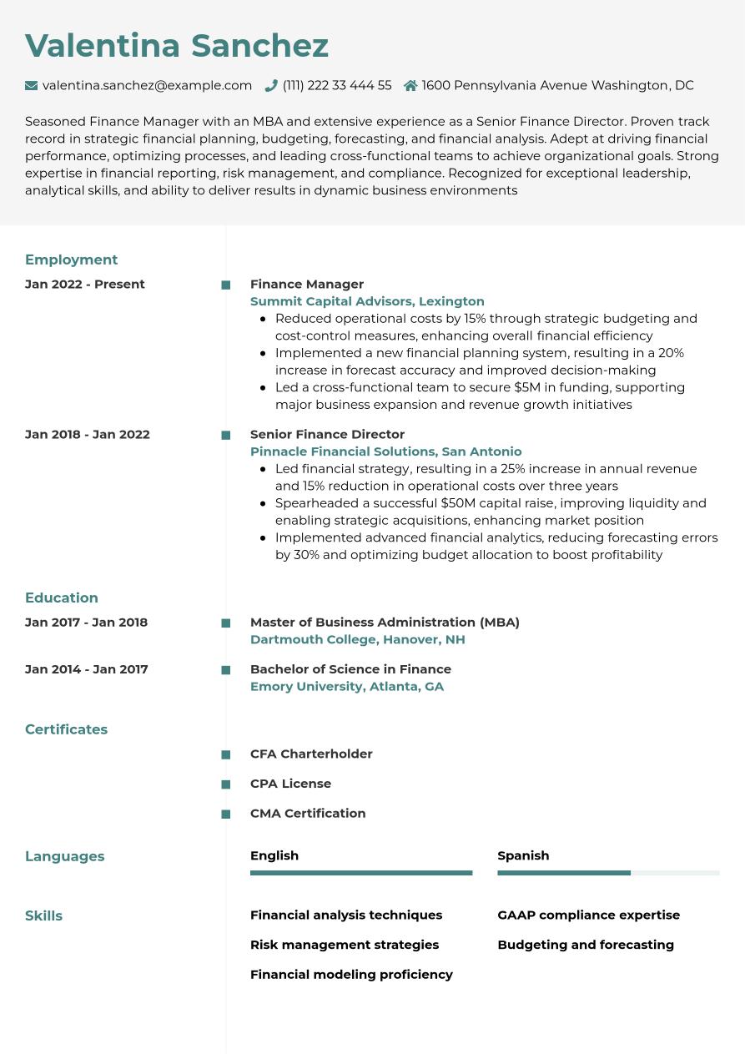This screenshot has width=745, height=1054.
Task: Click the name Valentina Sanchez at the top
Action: pyautogui.click(x=177, y=46)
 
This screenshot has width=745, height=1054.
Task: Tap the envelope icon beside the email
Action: pyautogui.click(x=32, y=85)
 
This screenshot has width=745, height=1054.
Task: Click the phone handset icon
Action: pyautogui.click(x=271, y=85)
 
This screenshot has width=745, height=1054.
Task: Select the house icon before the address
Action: pyautogui.click(x=410, y=85)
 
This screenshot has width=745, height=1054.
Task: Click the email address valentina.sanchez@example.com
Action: pyautogui.click(x=147, y=85)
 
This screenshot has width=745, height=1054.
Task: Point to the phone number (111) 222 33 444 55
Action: pyautogui.click(x=337, y=85)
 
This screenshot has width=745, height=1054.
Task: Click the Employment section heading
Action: pyautogui.click(x=71, y=260)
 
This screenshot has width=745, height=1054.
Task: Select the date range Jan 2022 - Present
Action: pyautogui.click(x=85, y=284)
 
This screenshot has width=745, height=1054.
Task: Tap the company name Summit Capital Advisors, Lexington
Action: pyautogui.click(x=367, y=301)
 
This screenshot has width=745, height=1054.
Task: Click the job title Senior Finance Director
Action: pyautogui.click(x=327, y=434)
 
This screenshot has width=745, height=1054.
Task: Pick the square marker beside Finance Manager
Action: pyautogui.click(x=225, y=285)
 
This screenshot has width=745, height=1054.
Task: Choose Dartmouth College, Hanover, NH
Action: pyautogui.click(x=357, y=639)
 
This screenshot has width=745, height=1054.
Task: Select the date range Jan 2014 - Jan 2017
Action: pyautogui.click(x=87, y=668)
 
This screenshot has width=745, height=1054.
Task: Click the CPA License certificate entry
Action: pyautogui.click(x=290, y=784)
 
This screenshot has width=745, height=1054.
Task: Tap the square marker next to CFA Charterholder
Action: pyautogui.click(x=225, y=754)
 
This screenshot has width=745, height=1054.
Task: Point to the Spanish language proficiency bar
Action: pyautogui.click(x=608, y=873)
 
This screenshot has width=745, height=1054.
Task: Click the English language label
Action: pyautogui.click(x=274, y=855)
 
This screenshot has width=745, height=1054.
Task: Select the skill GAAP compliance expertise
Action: pyautogui.click(x=588, y=915)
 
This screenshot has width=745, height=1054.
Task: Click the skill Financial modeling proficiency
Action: pyautogui.click(x=351, y=974)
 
